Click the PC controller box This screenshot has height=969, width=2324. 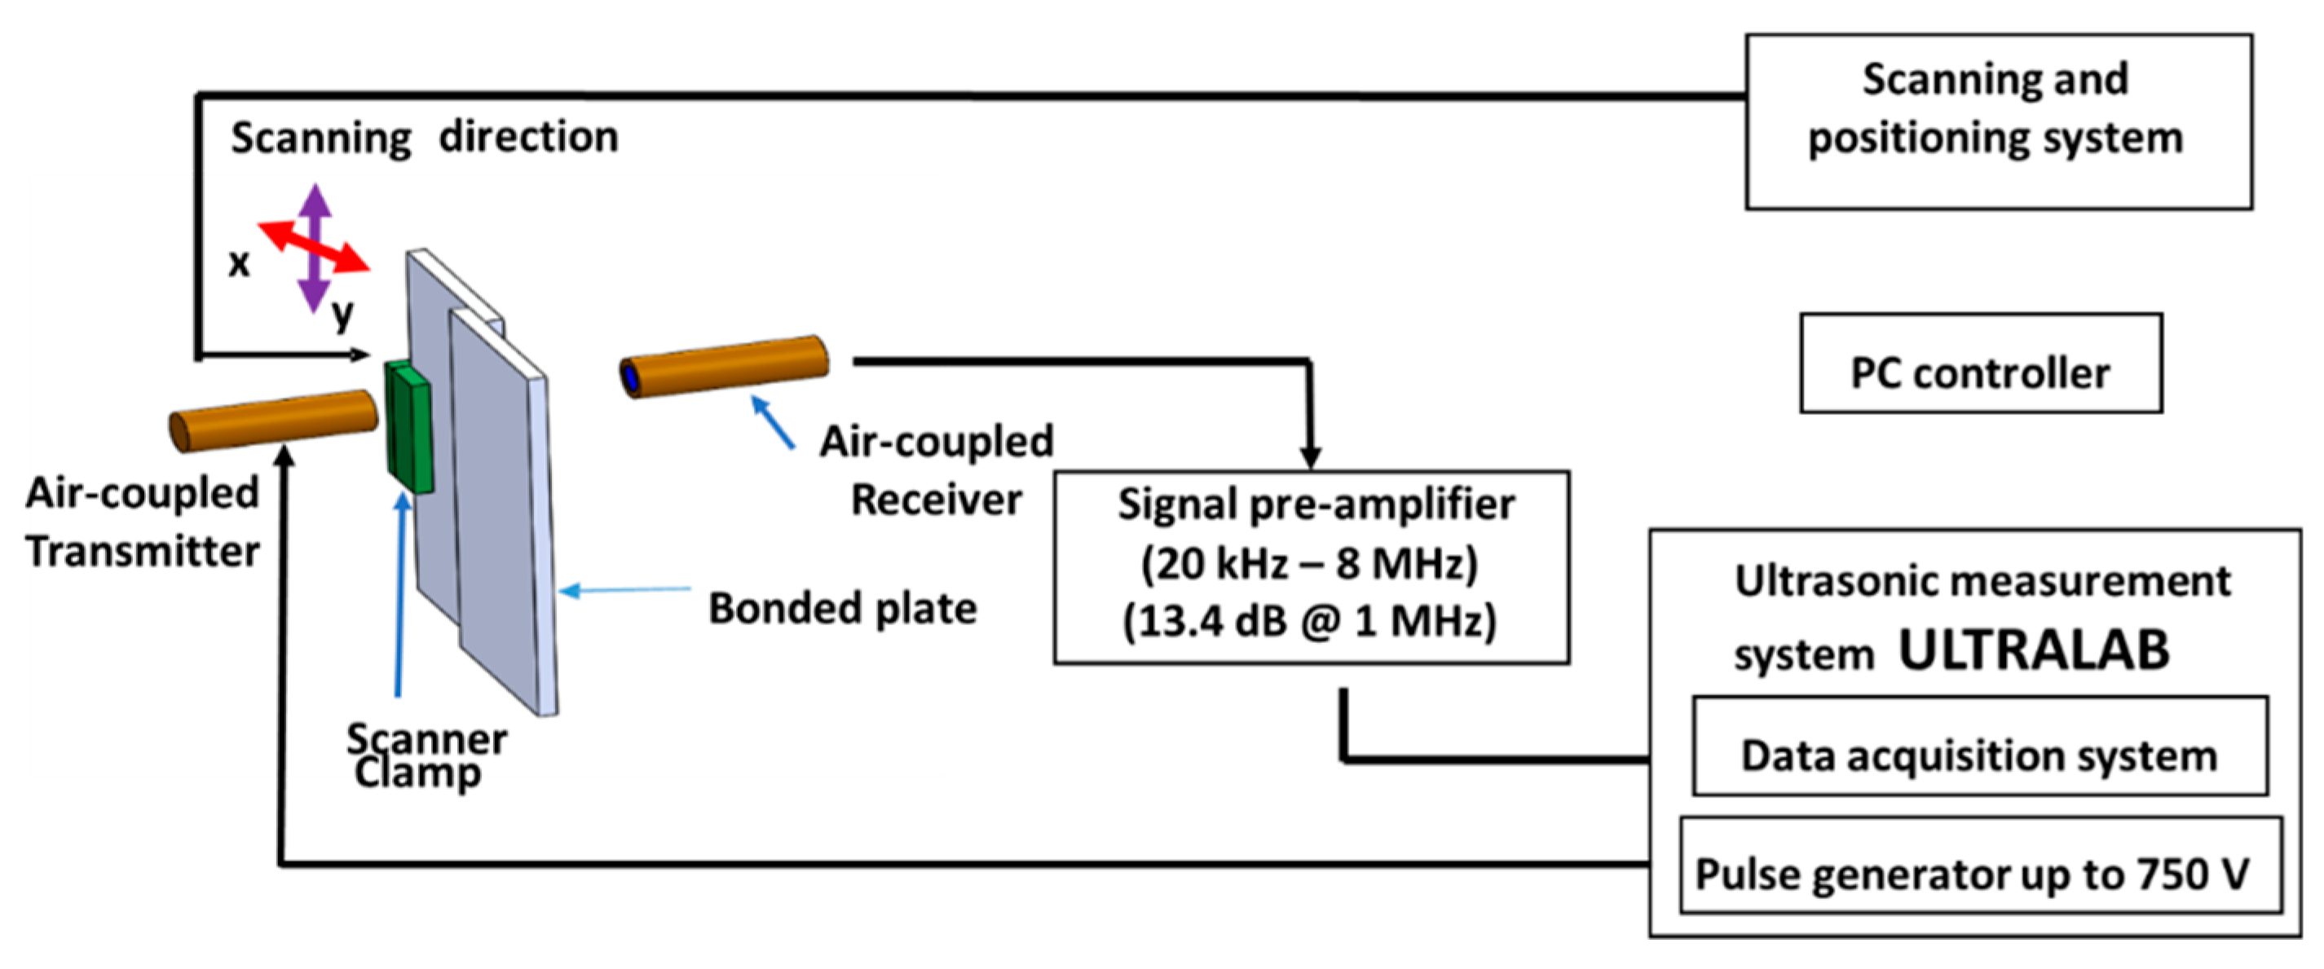click(1980, 363)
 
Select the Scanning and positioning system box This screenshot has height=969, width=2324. click(1997, 121)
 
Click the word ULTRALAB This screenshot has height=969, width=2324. click(2034, 650)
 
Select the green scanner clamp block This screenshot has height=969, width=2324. click(408, 427)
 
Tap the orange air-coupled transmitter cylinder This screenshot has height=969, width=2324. click(273, 421)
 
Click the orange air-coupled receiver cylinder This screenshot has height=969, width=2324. click(725, 366)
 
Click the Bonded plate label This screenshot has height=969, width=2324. click(842, 608)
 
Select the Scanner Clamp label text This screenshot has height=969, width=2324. click(426, 756)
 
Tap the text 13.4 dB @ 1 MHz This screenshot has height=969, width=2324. click(1309, 622)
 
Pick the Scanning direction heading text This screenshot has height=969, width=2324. click(424, 137)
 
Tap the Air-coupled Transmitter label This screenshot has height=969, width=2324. click(143, 522)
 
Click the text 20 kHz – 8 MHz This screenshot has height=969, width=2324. click(1309, 564)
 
